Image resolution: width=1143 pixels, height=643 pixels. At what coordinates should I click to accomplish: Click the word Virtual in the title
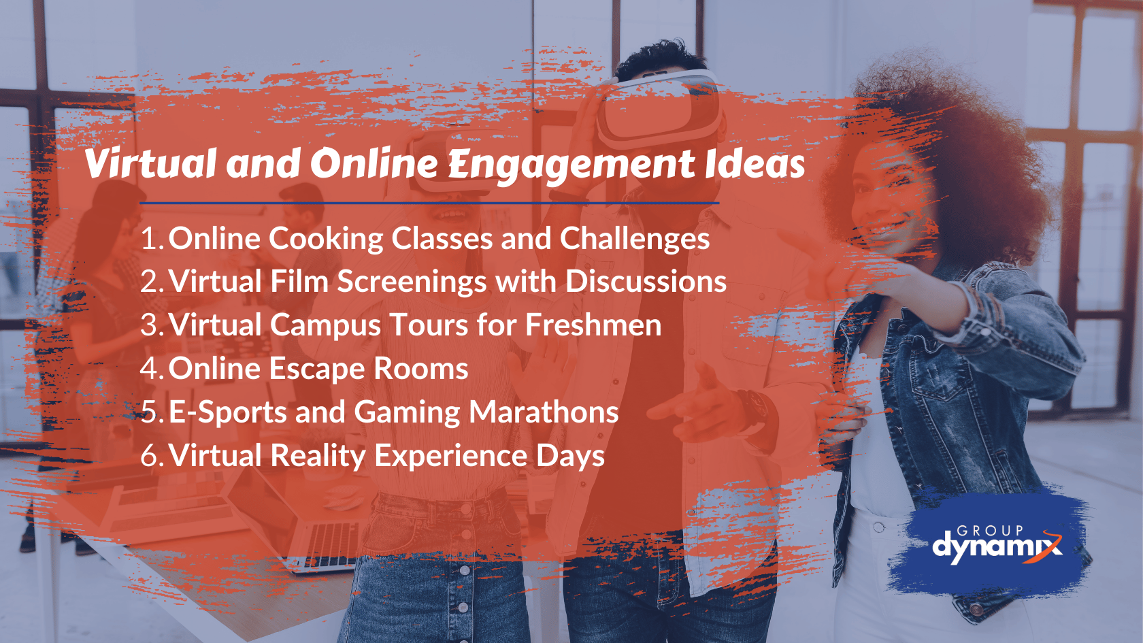[150, 164]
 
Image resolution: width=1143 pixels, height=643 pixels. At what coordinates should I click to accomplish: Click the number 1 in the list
[150, 239]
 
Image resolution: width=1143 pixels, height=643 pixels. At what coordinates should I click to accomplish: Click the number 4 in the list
[150, 369]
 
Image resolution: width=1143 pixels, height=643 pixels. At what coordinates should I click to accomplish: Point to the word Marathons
[544, 412]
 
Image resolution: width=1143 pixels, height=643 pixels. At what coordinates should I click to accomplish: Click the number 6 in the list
[150, 456]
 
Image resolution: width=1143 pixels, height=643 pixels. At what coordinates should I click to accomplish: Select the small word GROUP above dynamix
[990, 530]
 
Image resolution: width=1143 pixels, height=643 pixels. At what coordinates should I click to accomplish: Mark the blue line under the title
[429, 203]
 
